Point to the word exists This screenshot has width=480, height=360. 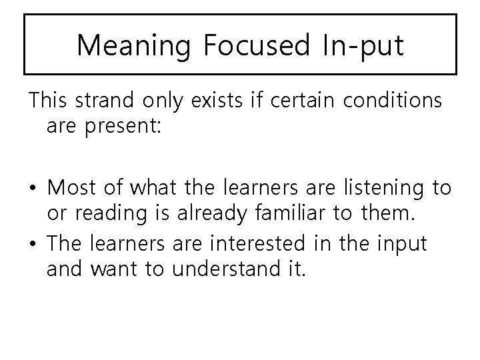pos(214,102)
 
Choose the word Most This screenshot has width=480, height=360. pos(73,187)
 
